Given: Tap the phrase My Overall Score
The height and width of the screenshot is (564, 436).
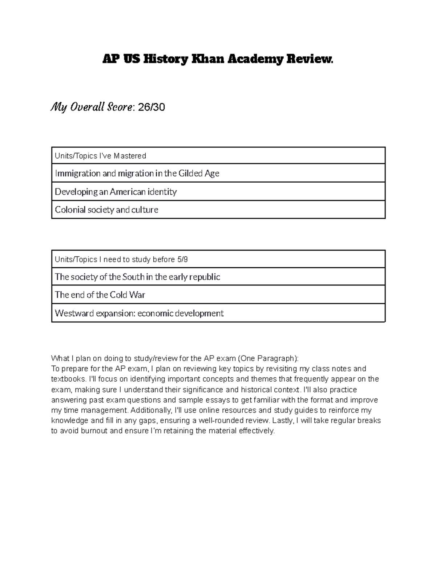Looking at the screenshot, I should click(x=92, y=107).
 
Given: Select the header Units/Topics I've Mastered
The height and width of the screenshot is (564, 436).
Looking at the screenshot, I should click(x=100, y=156).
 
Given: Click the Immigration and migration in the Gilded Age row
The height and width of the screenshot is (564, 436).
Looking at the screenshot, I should click(x=137, y=173).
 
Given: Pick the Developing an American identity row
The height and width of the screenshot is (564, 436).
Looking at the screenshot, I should click(x=116, y=192).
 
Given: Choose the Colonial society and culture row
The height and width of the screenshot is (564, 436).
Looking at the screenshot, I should click(x=106, y=210).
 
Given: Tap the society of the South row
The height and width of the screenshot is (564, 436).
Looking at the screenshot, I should click(x=137, y=277).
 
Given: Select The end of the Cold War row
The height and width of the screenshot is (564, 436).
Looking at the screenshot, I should click(x=100, y=295).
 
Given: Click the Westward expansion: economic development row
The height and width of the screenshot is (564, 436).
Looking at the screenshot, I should click(x=139, y=313).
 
